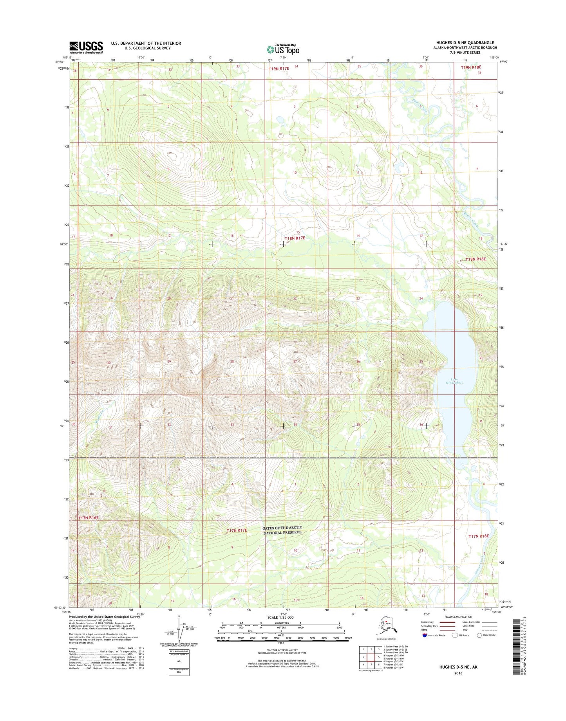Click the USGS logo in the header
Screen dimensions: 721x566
(x=86, y=47)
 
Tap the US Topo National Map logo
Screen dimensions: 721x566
(x=283, y=49)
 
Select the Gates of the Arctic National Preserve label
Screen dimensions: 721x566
(x=282, y=530)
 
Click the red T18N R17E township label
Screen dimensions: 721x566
(x=295, y=238)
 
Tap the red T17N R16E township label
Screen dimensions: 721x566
(x=88, y=518)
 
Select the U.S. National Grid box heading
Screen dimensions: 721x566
(x=179, y=652)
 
